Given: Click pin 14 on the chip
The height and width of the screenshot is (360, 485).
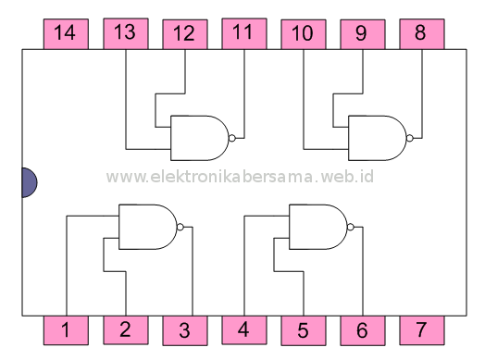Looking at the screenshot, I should (66, 34).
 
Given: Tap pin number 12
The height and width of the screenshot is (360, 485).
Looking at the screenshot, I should (184, 34).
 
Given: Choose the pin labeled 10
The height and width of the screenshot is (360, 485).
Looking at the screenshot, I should (303, 34).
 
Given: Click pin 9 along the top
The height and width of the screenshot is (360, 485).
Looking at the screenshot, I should (362, 34).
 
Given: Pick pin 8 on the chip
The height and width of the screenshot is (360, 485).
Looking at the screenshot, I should (421, 34).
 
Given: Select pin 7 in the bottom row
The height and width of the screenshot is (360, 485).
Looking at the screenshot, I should (421, 329).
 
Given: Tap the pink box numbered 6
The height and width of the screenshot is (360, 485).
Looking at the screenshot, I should (362, 329).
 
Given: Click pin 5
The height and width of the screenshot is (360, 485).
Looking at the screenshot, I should (303, 329).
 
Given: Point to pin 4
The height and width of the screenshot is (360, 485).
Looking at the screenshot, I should (243, 329).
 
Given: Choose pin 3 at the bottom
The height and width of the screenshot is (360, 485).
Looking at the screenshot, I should (184, 329).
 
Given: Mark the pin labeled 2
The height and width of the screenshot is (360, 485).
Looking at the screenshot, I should (125, 329).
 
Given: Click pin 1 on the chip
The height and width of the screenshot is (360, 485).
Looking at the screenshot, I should (66, 329).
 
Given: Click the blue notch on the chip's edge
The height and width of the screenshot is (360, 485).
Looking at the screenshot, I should (29, 182).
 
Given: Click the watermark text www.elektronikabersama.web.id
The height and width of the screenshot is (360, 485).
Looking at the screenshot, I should (240, 176).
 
